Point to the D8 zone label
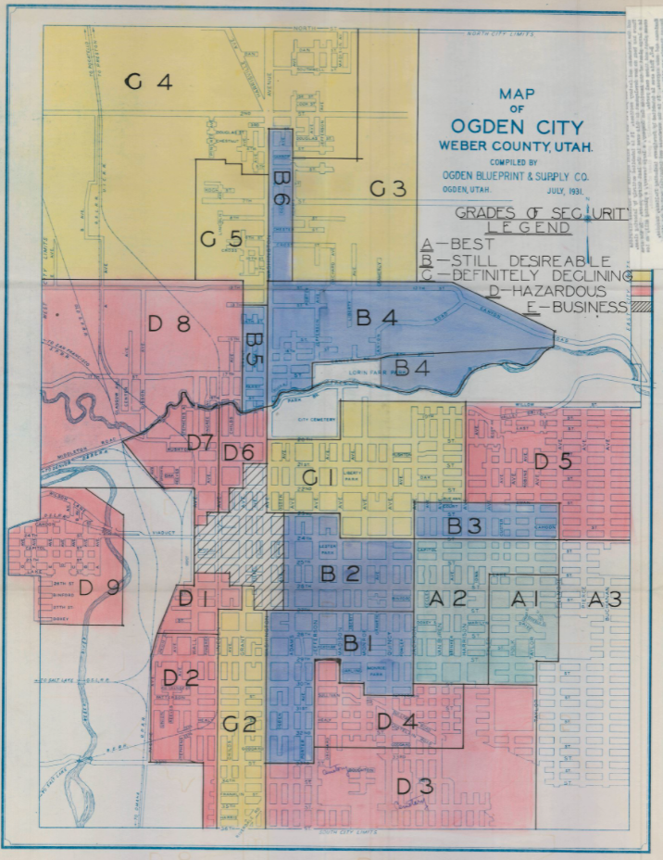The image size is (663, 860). coord(169,324)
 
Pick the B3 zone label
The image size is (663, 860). coord(465,526)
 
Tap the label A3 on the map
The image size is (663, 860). coord(605,600)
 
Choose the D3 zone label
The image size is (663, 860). coord(415,787)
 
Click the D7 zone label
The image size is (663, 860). coord(201,443)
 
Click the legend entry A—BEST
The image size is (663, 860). coord(459,246)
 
